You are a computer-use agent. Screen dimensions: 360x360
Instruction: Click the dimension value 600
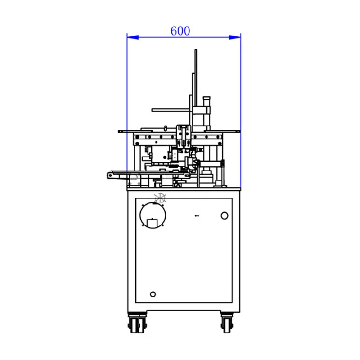(180, 31)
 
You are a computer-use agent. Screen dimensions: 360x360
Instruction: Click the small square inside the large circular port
(153, 222)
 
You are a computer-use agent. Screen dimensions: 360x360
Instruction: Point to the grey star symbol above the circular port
(160, 197)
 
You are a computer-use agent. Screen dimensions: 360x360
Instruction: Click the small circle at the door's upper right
(225, 216)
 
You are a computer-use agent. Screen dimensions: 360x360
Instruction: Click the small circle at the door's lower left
(153, 294)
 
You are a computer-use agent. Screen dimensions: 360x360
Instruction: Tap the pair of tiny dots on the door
(196, 216)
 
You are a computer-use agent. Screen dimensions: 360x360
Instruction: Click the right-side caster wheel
(227, 324)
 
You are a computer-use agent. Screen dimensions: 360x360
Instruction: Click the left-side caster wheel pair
(137, 324)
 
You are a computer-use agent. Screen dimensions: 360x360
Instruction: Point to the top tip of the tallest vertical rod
(196, 51)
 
